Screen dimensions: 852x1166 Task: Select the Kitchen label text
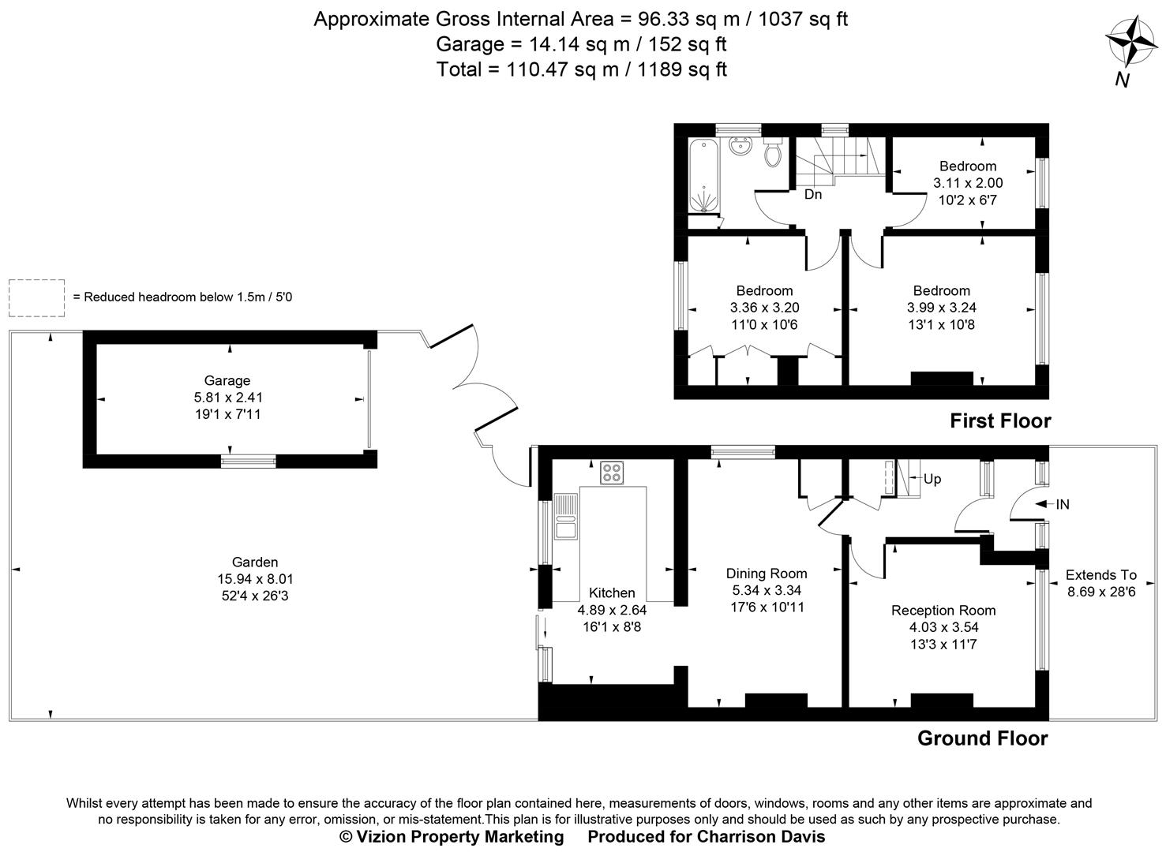(612, 593)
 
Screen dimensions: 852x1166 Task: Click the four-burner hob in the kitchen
(611, 473)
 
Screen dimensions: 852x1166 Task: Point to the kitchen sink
(565, 517)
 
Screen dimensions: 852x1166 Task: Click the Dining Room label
(766, 574)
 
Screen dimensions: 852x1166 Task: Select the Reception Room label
(943, 611)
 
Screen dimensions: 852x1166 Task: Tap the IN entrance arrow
(1053, 504)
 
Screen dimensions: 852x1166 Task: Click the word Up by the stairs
(932, 479)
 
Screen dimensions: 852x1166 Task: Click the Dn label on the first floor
(813, 194)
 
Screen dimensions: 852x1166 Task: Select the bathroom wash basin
(740, 148)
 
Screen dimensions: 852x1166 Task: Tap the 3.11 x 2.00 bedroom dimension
(967, 183)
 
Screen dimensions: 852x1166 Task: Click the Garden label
(254, 562)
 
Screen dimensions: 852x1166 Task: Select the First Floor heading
(999, 421)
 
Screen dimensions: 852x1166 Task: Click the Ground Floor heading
(982, 738)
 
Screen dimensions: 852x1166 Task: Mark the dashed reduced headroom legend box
(36, 297)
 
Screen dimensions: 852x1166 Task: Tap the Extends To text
(1100, 575)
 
